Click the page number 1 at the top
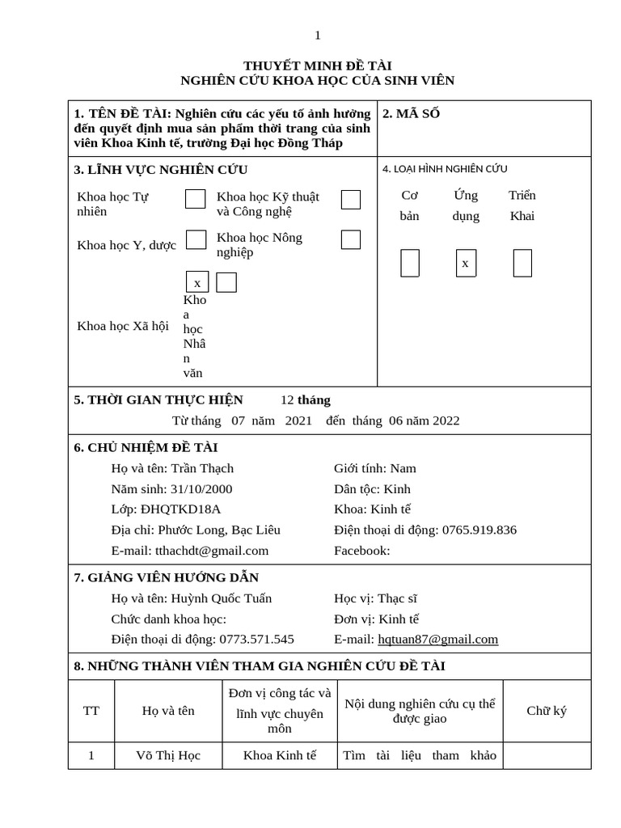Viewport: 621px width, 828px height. [x=318, y=35]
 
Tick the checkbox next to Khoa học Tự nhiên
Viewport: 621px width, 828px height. [x=195, y=199]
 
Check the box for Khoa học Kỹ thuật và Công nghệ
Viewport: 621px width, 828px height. [x=350, y=200]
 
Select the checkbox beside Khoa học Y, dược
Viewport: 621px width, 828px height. [x=196, y=239]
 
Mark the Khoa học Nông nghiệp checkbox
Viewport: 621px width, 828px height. [x=350, y=239]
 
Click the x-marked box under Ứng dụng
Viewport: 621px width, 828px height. [x=466, y=264]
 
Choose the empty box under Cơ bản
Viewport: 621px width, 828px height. [x=410, y=264]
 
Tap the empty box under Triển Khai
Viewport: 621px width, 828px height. [x=522, y=264]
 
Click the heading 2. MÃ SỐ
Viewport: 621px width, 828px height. [x=411, y=114]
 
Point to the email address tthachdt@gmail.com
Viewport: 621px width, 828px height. [x=211, y=551]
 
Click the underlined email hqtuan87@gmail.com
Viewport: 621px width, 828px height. [x=437, y=639]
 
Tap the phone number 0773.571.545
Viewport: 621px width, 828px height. [x=257, y=639]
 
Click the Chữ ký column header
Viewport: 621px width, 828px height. [x=547, y=711]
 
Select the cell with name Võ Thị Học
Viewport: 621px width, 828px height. [x=168, y=755]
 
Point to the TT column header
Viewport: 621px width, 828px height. [x=91, y=711]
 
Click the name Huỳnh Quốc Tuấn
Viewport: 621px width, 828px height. [x=221, y=598]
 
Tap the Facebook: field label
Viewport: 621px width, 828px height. [x=361, y=551]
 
